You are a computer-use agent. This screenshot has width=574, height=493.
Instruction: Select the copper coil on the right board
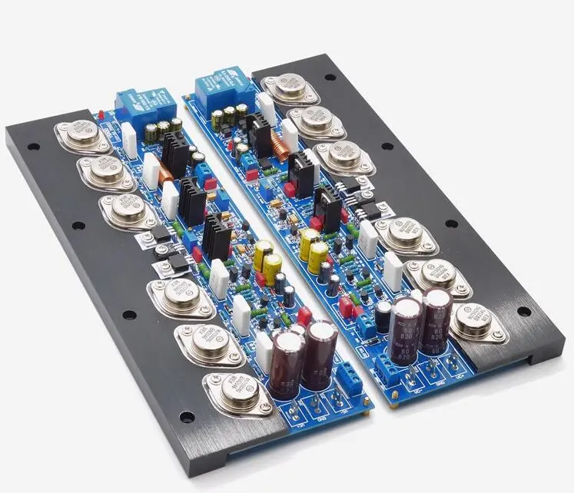click(285, 149)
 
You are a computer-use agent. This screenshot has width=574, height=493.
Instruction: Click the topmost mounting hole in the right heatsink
click(330, 78)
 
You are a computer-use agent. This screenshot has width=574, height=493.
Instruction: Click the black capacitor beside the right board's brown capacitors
click(383, 315)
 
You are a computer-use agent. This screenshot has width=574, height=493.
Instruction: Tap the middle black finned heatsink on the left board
click(193, 200)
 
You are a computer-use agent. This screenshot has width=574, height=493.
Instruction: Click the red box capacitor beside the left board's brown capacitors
click(304, 315)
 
